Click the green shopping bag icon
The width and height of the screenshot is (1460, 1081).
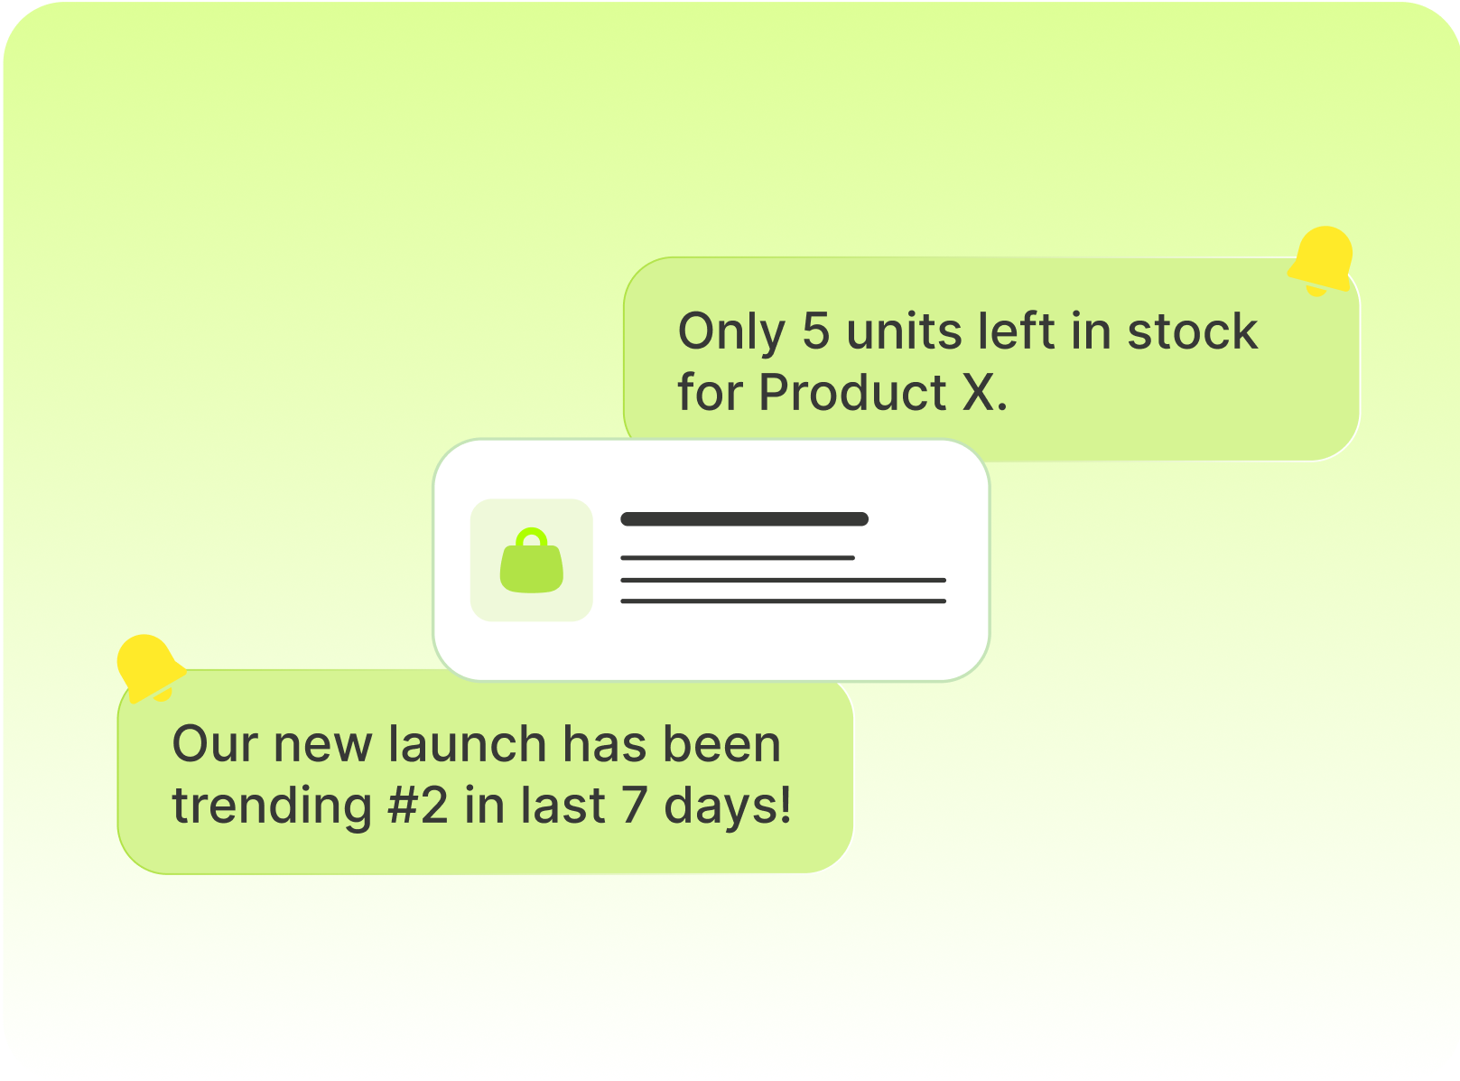(x=531, y=560)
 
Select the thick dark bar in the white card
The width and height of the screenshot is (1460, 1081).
(x=745, y=518)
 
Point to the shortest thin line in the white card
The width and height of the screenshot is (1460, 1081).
(x=738, y=557)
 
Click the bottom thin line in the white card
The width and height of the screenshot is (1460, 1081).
(x=784, y=601)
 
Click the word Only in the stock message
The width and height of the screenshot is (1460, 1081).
(x=731, y=331)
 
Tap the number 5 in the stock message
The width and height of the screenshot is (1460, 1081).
(x=815, y=331)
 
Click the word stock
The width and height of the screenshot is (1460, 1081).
(x=1192, y=331)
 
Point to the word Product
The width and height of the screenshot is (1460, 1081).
(x=852, y=392)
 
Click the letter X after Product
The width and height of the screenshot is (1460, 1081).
(x=978, y=392)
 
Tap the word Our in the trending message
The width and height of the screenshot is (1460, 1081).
(x=215, y=744)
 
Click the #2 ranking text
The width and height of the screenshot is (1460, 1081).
(x=418, y=805)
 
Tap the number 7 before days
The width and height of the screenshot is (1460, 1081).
(x=635, y=805)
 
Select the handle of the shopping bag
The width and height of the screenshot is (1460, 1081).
(x=531, y=533)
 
